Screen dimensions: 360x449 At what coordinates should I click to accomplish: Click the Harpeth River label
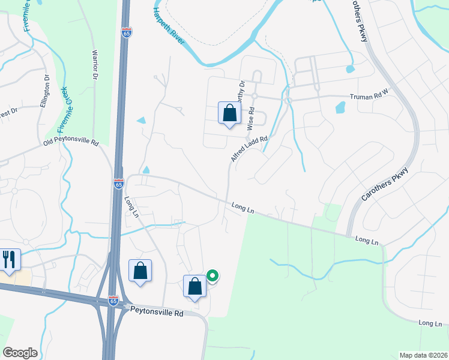[x=169, y=29]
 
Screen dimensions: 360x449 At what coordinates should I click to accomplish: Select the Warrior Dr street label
[x=94, y=65]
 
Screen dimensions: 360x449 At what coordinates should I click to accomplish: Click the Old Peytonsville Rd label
[x=70, y=142]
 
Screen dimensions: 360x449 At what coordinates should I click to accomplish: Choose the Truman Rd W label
[x=370, y=97]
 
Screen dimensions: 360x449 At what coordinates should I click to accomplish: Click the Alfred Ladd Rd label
[x=249, y=148]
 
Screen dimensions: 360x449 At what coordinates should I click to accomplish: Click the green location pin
[x=212, y=276]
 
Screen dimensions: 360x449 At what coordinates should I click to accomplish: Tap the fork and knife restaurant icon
[x=10, y=260]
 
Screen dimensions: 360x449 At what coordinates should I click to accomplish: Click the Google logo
[x=20, y=353]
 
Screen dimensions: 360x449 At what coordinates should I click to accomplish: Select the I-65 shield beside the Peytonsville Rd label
[x=113, y=301]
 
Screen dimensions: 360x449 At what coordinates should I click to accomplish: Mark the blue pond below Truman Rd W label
[x=340, y=108]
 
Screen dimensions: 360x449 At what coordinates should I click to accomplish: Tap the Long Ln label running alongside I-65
[x=131, y=206]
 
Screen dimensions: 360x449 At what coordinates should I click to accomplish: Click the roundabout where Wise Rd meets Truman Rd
[x=255, y=96]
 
